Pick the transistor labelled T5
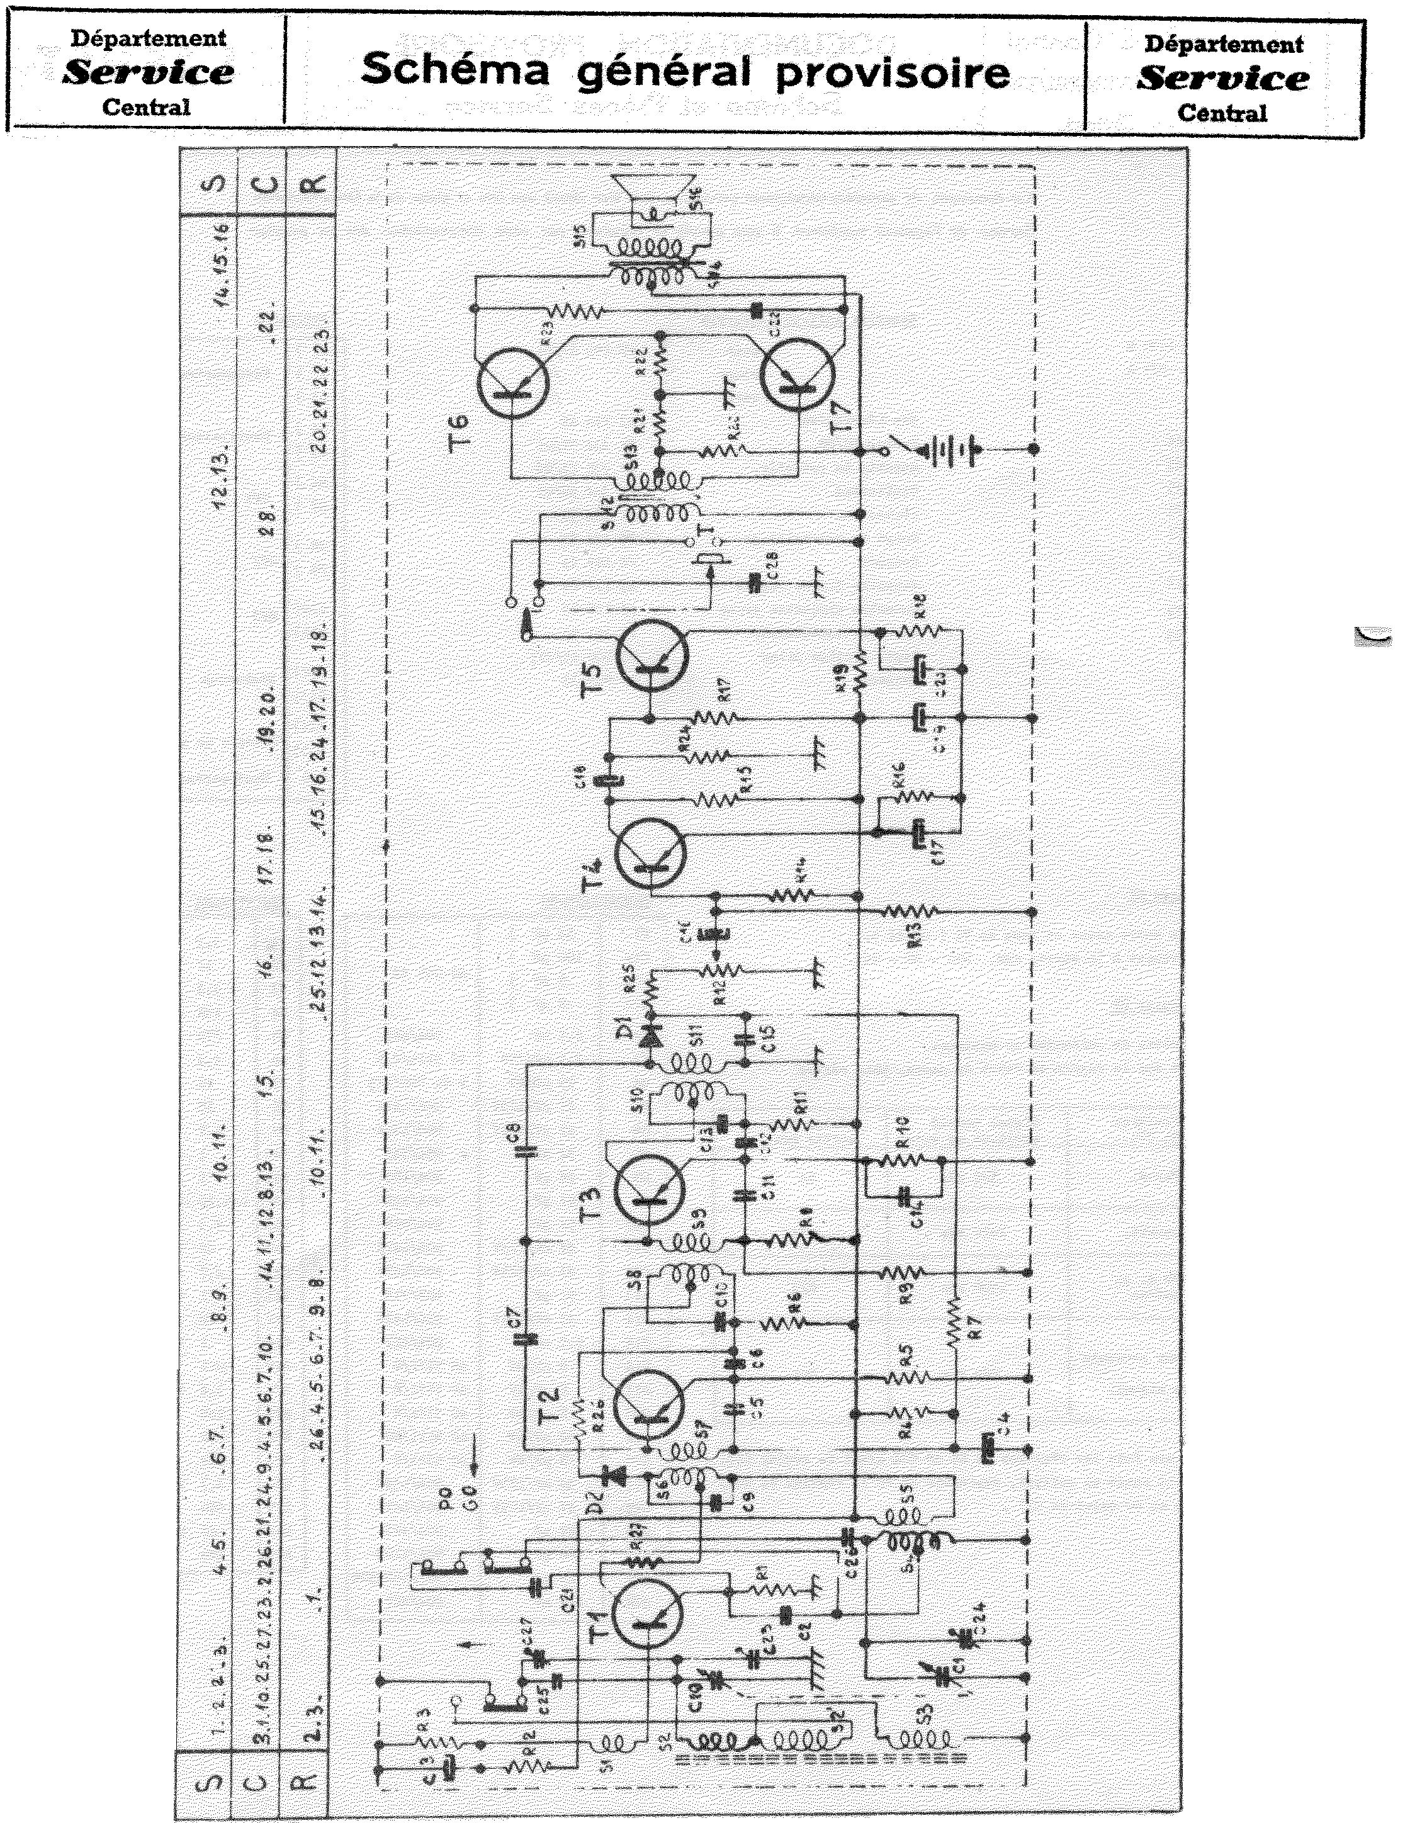[653, 657]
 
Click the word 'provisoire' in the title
[893, 72]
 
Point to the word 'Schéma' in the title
[456, 70]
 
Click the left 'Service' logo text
[149, 72]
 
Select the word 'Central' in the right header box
[1222, 113]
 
